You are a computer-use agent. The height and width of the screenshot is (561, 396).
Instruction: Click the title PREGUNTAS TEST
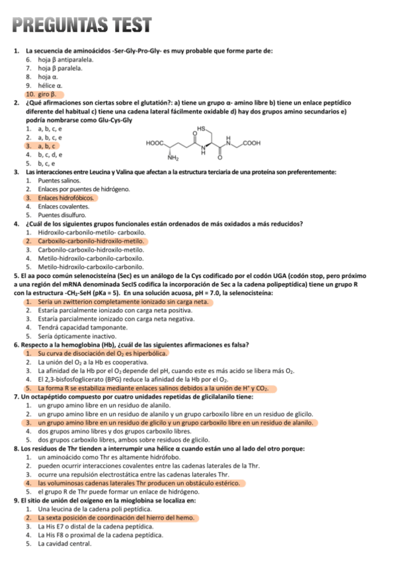83,25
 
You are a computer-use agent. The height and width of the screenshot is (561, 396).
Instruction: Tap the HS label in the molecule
202,128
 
